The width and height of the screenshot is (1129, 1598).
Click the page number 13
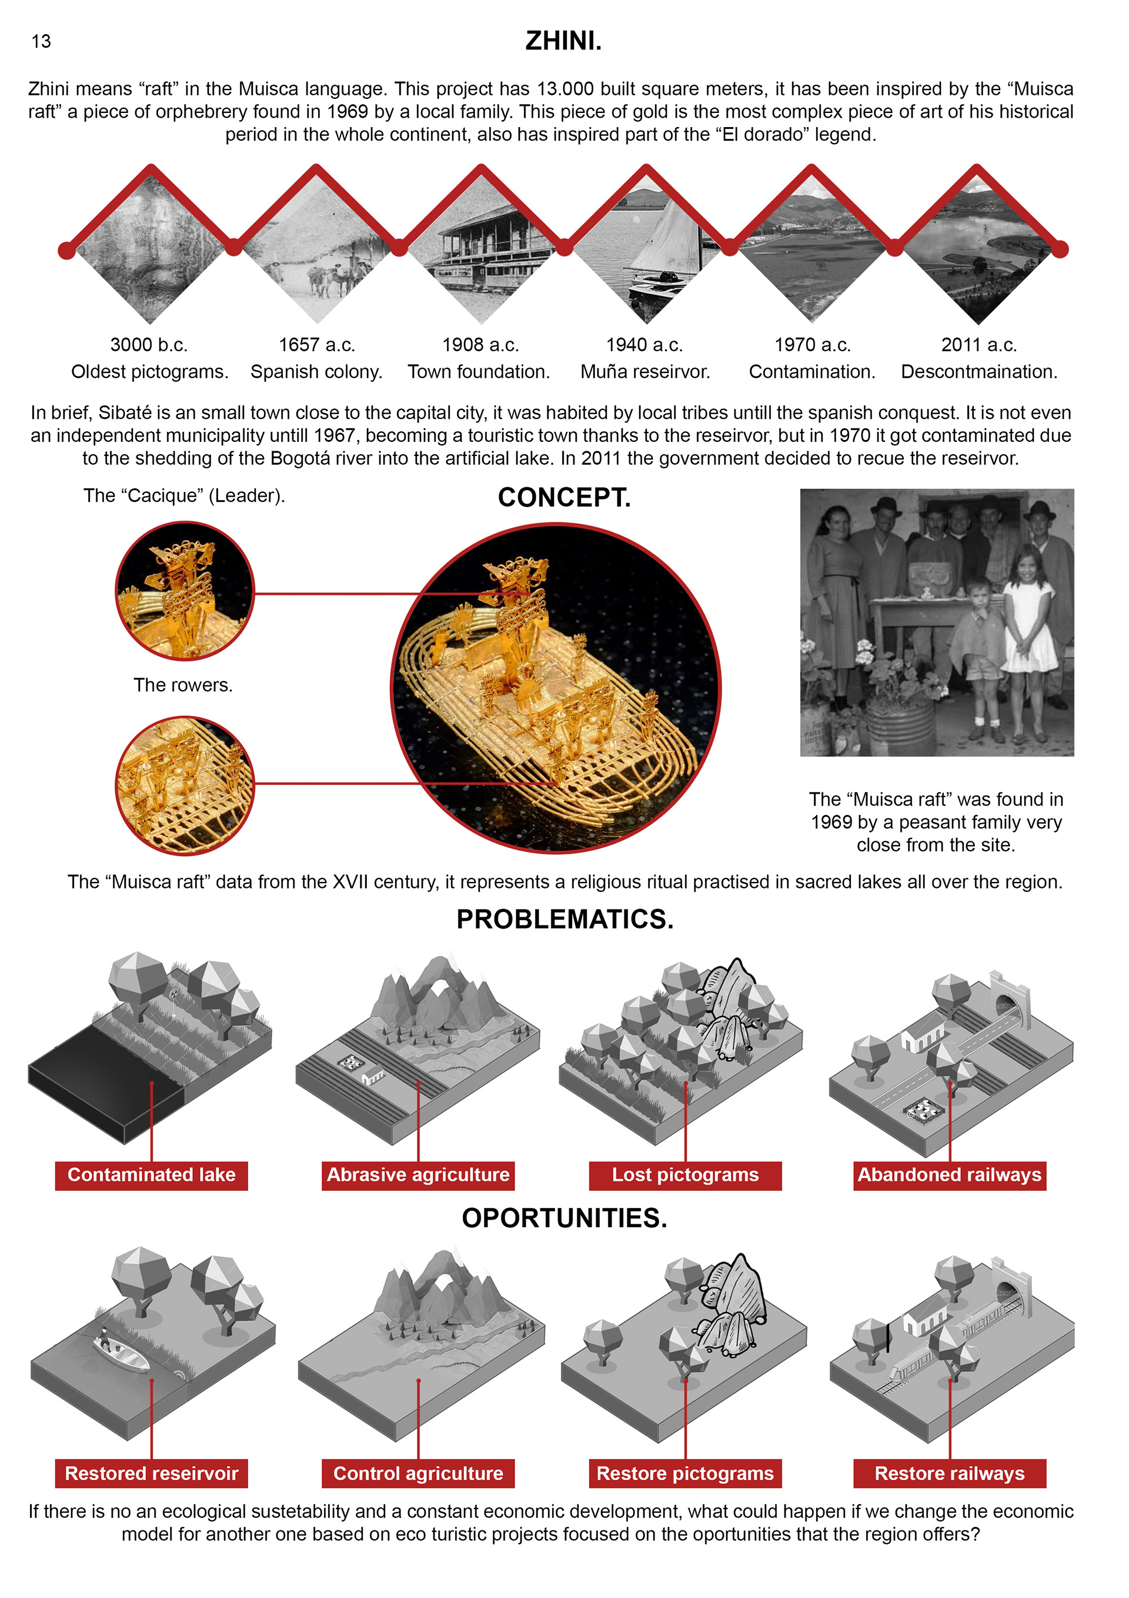[41, 42]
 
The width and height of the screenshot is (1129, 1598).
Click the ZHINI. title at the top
[563, 41]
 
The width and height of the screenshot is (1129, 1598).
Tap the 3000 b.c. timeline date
[149, 345]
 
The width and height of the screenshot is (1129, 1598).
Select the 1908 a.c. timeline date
[480, 345]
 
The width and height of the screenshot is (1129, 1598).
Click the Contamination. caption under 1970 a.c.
[812, 372]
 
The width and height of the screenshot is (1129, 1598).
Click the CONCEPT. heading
[564, 498]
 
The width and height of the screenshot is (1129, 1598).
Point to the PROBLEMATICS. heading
[565, 920]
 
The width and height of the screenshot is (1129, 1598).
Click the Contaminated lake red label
[152, 1176]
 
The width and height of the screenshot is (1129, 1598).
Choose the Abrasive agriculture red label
[418, 1176]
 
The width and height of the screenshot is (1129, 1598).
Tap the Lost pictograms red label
[685, 1176]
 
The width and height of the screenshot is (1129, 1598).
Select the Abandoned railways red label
[950, 1176]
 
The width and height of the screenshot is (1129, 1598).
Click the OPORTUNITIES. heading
[565, 1219]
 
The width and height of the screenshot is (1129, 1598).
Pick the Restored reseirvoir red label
[152, 1473]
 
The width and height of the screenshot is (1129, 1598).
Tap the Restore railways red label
[950, 1473]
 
